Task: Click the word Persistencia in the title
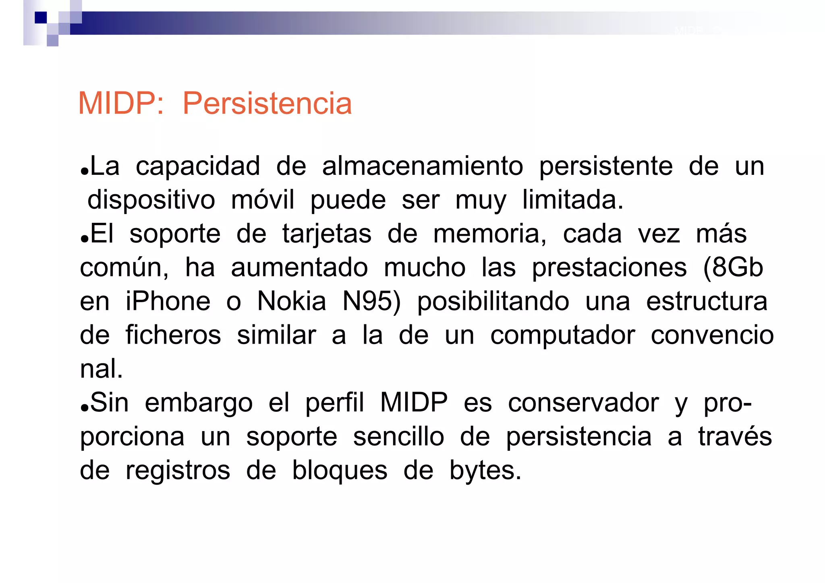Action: (267, 104)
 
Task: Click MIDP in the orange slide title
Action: (120, 104)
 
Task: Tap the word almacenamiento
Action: (423, 166)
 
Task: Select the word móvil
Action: (263, 200)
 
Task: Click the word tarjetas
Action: (327, 234)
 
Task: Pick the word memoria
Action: (489, 234)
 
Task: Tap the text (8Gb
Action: (733, 268)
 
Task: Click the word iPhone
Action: (168, 301)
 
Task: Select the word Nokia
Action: (292, 301)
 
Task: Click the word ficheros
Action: (173, 335)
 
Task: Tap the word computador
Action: (562, 335)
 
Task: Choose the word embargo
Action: (199, 403)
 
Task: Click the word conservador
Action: (583, 403)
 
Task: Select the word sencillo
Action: (398, 437)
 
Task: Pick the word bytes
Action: (485, 471)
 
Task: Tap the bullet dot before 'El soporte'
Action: (84, 239)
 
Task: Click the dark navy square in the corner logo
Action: (41, 18)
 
